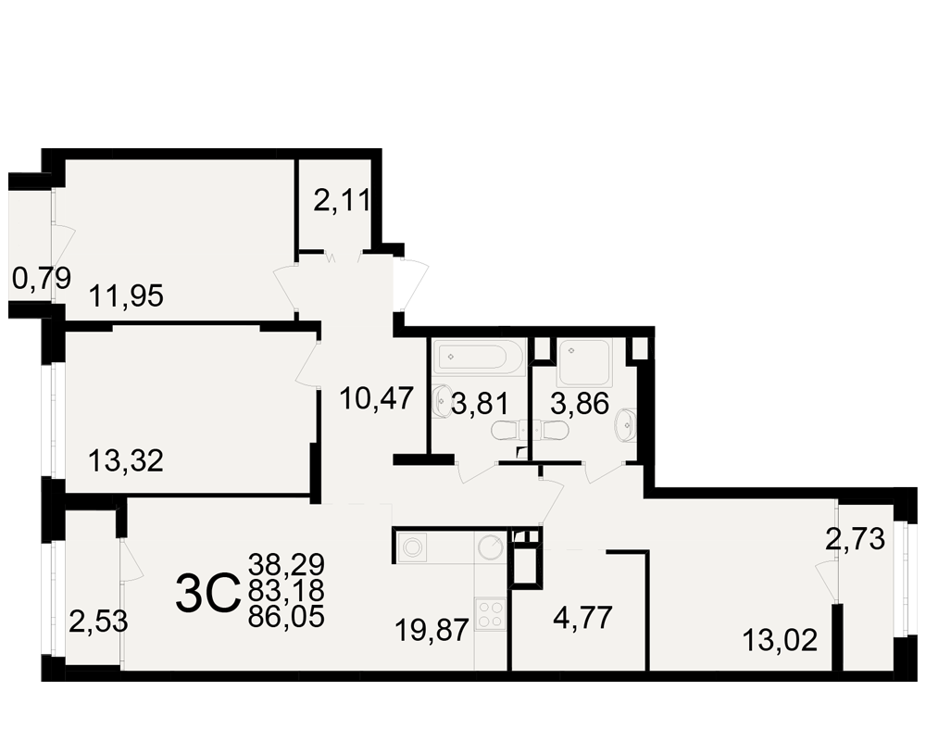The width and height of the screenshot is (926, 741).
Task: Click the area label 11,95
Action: tap(126, 295)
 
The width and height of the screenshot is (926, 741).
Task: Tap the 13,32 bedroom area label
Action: tap(126, 460)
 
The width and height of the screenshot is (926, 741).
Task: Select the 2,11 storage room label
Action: tap(343, 201)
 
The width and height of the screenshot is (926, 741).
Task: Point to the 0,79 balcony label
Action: tap(42, 278)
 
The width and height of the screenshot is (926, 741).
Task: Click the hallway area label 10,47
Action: tap(377, 398)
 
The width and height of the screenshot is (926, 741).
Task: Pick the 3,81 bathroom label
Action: tap(480, 405)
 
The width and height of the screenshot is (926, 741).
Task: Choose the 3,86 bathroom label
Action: tap(580, 404)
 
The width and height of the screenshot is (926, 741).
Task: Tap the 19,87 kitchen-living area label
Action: tap(432, 630)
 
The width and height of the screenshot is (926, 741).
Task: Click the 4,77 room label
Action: tap(582, 618)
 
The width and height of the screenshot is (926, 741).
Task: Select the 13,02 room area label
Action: tap(780, 640)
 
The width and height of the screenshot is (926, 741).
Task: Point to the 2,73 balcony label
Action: tap(855, 539)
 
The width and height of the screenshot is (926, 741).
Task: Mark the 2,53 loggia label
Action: tap(99, 622)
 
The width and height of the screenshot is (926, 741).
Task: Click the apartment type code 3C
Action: tap(207, 594)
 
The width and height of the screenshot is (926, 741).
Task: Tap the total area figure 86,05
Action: tap(286, 617)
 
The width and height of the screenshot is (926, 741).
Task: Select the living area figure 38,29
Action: tap(286, 564)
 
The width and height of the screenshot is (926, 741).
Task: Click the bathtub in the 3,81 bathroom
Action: tap(478, 357)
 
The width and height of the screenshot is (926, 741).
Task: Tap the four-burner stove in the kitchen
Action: tap(491, 613)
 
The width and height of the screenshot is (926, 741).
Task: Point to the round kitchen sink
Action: tap(491, 547)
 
